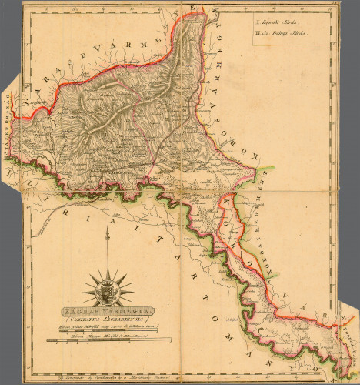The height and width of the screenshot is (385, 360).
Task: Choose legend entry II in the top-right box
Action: coord(286,34)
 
